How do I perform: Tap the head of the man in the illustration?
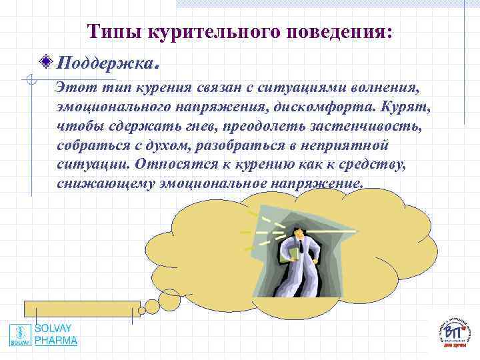pos(299,231)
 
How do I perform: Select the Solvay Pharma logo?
pos(44,335)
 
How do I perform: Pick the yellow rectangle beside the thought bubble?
pos(82,307)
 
